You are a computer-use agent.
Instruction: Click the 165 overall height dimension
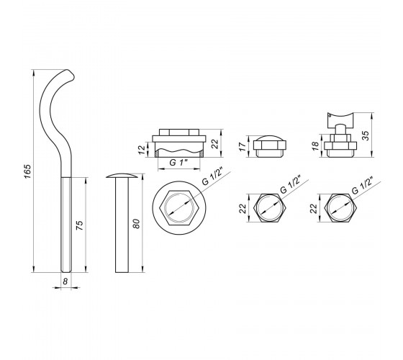pos(27,171)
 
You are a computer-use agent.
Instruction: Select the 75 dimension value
pos(80,225)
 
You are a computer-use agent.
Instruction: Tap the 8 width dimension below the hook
pos(65,282)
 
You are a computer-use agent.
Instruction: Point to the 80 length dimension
pos(136,223)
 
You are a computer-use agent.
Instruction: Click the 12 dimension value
pos(142,150)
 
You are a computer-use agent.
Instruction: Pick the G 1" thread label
pos(179,163)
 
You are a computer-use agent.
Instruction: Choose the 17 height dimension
pos(243,147)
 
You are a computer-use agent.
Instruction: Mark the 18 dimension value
pos(315,145)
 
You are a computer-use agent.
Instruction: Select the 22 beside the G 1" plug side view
pos(214,143)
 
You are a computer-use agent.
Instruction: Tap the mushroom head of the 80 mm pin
pos(121,176)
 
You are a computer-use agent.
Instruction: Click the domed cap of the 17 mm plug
pos(270,138)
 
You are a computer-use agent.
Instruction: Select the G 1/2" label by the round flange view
pos(212,176)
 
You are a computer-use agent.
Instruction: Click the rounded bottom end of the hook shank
pos(66,270)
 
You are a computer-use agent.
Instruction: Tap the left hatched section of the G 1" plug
pos(156,154)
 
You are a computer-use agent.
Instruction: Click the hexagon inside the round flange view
pos(179,207)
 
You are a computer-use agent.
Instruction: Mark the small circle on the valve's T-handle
pos(330,116)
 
